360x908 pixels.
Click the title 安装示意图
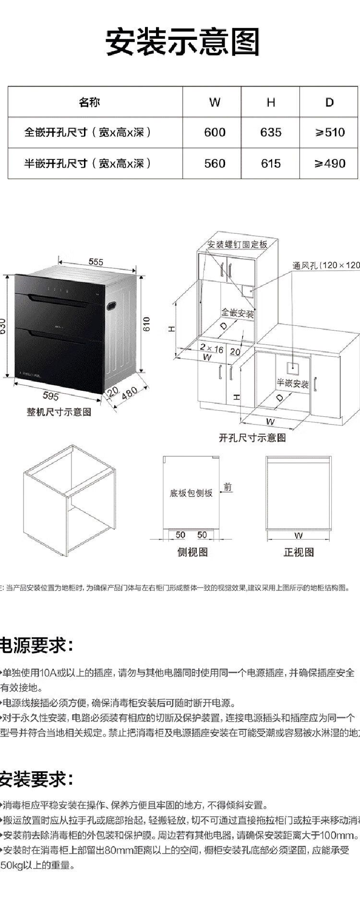pyautogui.click(x=182, y=42)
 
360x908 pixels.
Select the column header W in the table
pyautogui.click(x=215, y=102)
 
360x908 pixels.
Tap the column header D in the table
pyautogui.click(x=329, y=102)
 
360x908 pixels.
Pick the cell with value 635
pyautogui.click(x=271, y=133)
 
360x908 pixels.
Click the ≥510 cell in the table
pyautogui.click(x=330, y=133)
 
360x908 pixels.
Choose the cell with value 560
pyautogui.click(x=215, y=164)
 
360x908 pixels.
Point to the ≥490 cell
pyautogui.click(x=330, y=164)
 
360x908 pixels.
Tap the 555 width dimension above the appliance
pyautogui.click(x=96, y=262)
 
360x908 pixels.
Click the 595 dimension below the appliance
pyautogui.click(x=51, y=396)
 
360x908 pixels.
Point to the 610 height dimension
pyautogui.click(x=147, y=324)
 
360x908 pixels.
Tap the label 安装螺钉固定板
pyautogui.click(x=237, y=244)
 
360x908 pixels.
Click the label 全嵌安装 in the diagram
pyautogui.click(x=237, y=314)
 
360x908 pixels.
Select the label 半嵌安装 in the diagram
pyautogui.click(x=293, y=384)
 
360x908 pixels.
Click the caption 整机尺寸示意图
pyautogui.click(x=59, y=412)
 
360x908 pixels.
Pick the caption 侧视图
pyautogui.click(x=192, y=552)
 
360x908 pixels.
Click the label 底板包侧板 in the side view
pyautogui.click(x=191, y=493)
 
